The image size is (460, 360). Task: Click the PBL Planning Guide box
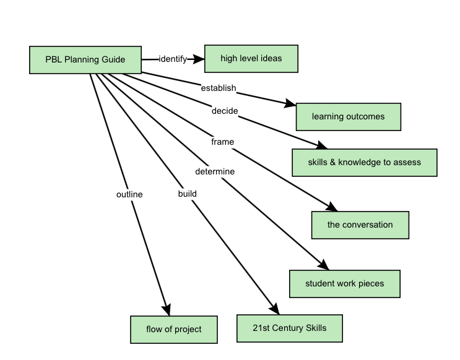[85, 60]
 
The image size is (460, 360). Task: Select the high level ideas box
[251, 59]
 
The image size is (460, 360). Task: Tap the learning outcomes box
[348, 116]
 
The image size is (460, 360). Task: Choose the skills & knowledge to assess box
[364, 163]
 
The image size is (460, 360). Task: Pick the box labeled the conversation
[360, 225]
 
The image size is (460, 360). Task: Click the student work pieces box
[344, 284]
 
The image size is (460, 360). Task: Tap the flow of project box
[173, 329]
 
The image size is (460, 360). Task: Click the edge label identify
[173, 59]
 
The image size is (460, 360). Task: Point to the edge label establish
[218, 88]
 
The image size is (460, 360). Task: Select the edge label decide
[224, 111]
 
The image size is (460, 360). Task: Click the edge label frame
[222, 142]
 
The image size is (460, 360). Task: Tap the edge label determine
[215, 171]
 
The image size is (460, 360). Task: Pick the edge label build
[187, 194]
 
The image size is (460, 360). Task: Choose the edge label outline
[129, 194]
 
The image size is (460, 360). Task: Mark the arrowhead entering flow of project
[166, 310]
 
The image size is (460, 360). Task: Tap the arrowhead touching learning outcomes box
[290, 104]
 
